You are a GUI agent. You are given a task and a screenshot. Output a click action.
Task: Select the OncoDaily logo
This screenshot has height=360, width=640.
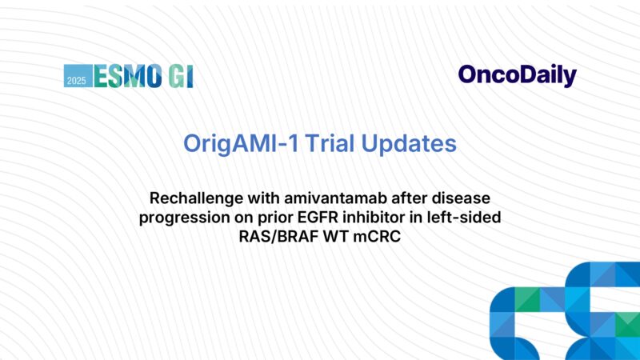tap(517, 75)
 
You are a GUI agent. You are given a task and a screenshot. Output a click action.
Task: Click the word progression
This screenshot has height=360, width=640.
tap(179, 218)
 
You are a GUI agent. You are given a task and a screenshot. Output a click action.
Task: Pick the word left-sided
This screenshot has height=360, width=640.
tap(468, 218)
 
